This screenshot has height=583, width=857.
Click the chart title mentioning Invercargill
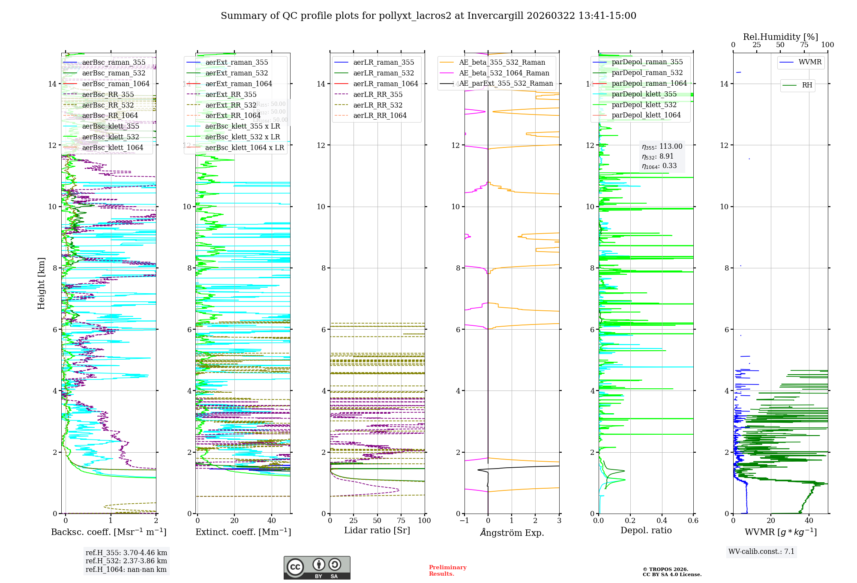[x=428, y=16]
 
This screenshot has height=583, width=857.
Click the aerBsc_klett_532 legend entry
[x=111, y=137]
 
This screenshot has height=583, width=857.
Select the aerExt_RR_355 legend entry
[x=231, y=95]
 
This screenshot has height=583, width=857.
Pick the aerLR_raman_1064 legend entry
[x=385, y=84]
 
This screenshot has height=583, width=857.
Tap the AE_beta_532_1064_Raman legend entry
[x=504, y=73]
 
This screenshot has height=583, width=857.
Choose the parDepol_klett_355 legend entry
[x=644, y=94]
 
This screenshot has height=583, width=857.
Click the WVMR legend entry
[x=809, y=62]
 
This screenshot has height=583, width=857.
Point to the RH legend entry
[x=807, y=85]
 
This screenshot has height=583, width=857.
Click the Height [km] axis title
[x=41, y=283]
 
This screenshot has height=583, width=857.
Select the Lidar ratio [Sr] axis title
[x=377, y=531]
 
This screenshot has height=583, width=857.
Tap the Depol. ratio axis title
[x=646, y=531]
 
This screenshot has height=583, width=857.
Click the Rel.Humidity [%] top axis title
[x=780, y=37]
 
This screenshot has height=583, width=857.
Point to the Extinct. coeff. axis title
[x=243, y=532]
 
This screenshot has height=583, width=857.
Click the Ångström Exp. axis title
[x=512, y=533]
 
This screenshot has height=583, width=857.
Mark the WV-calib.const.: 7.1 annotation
[x=761, y=552]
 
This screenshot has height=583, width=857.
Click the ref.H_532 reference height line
[x=126, y=561]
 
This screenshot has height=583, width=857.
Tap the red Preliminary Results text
[x=447, y=571]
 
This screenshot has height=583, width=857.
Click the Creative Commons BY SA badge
[x=317, y=568]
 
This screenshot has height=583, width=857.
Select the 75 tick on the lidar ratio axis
[x=401, y=521]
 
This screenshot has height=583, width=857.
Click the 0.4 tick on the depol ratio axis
[x=662, y=521]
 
